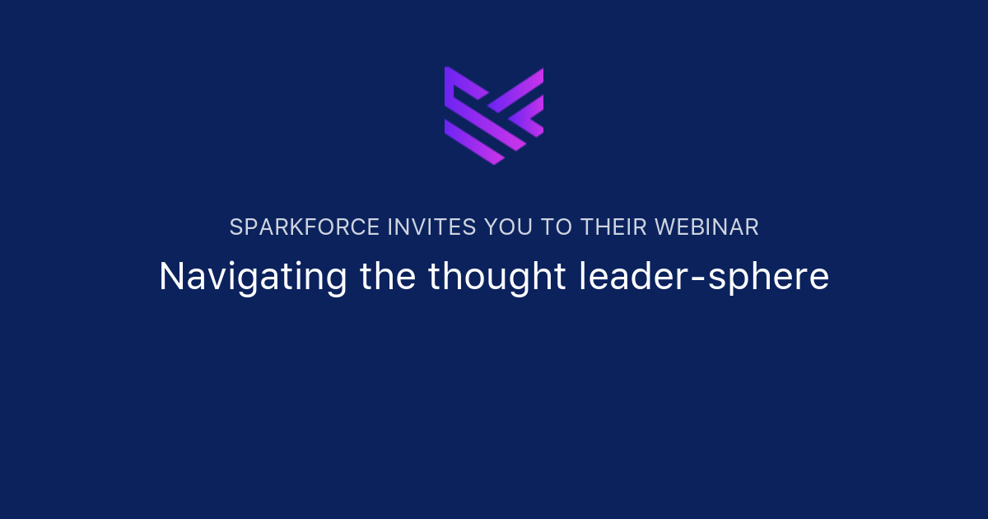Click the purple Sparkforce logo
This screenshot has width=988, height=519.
[494, 115]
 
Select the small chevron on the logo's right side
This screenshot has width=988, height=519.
[528, 116]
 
